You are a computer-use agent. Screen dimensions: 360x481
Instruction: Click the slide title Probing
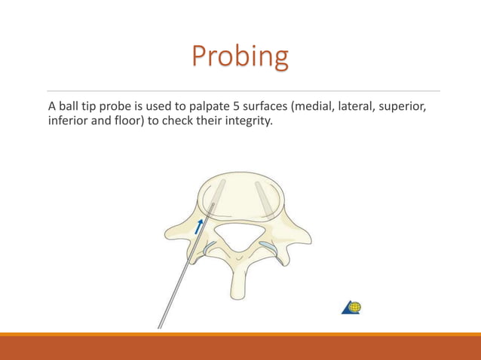point(240,56)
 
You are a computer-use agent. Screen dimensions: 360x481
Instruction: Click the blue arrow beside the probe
point(199,226)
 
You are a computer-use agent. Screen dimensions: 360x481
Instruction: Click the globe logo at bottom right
point(352,307)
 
